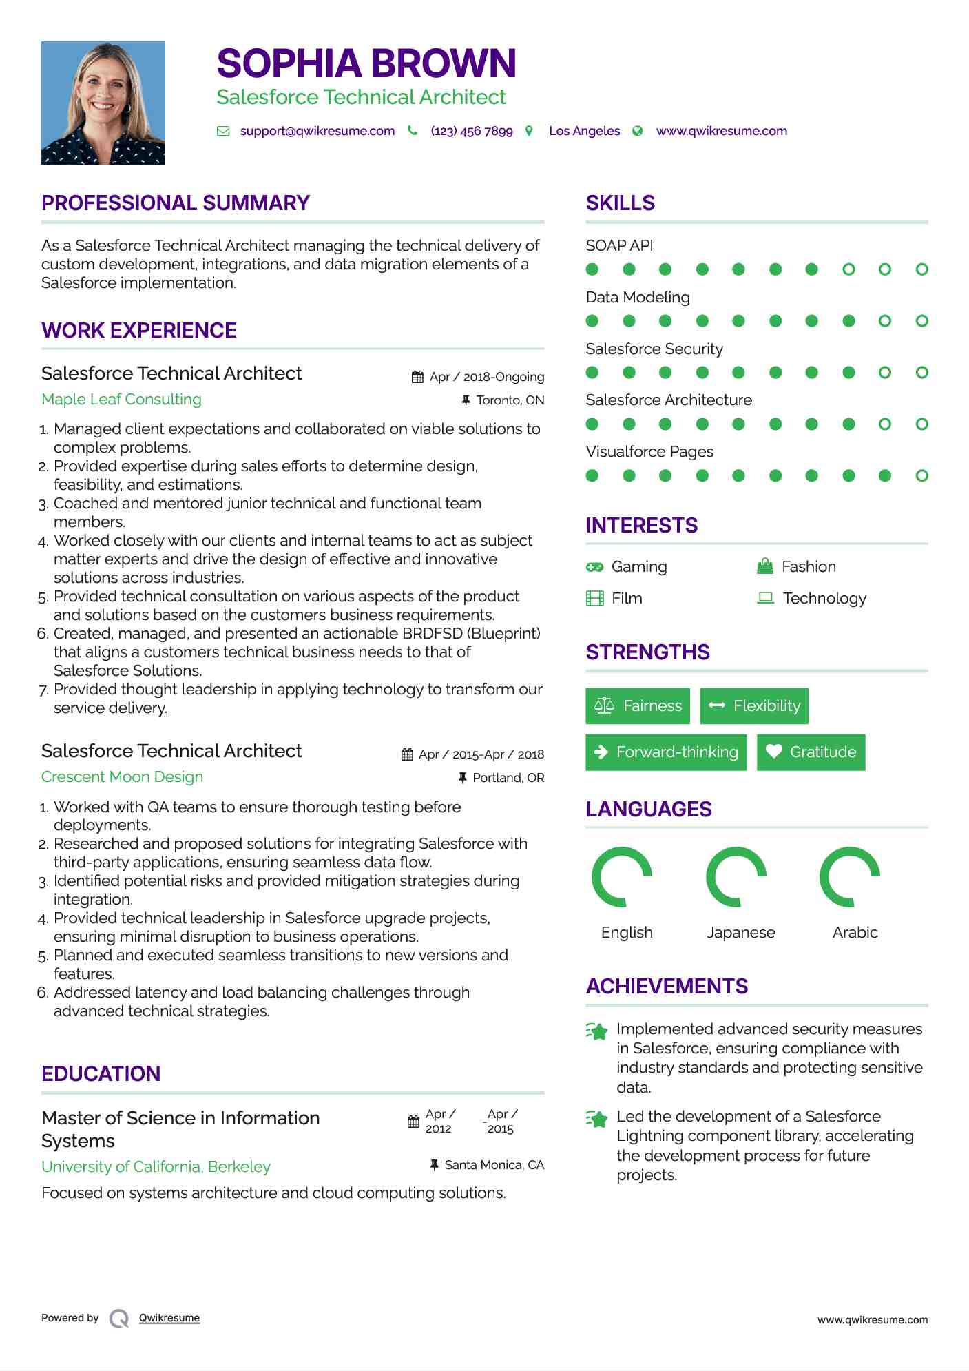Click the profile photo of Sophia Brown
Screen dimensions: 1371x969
(103, 103)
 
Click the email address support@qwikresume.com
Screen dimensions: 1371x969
(317, 131)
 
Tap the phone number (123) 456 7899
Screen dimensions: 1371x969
(471, 131)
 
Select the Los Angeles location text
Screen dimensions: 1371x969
(584, 131)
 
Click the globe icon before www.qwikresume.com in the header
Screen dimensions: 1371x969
(638, 131)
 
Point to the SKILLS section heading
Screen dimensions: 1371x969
(620, 203)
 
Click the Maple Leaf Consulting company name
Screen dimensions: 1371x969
(121, 400)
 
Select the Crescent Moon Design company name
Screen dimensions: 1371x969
(122, 777)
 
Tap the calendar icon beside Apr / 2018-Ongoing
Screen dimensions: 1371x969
(417, 377)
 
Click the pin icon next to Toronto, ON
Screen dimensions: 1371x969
(466, 400)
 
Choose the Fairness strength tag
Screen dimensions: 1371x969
(637, 706)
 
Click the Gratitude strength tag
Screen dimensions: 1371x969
(811, 752)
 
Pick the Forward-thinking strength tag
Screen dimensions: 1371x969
(665, 752)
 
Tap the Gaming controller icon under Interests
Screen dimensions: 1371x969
(594, 567)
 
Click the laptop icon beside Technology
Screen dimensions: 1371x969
(765, 598)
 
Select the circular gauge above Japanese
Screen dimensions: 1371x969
(736, 877)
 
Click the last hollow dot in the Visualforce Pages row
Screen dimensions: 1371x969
(921, 475)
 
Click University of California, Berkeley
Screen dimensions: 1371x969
(156, 1167)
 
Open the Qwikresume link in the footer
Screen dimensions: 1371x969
(169, 1318)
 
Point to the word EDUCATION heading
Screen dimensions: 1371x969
(101, 1074)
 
